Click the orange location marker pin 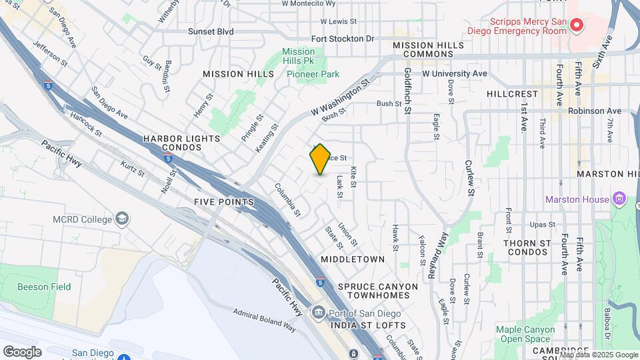321,159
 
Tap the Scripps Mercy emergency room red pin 577,26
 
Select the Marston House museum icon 619,199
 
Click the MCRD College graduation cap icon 123,218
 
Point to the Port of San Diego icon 317,313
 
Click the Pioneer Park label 313,74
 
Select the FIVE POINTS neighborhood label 224,201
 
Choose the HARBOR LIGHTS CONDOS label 181,143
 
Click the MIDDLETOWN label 353,259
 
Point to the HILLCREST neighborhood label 512,94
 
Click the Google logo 22,351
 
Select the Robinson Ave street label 596,111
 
